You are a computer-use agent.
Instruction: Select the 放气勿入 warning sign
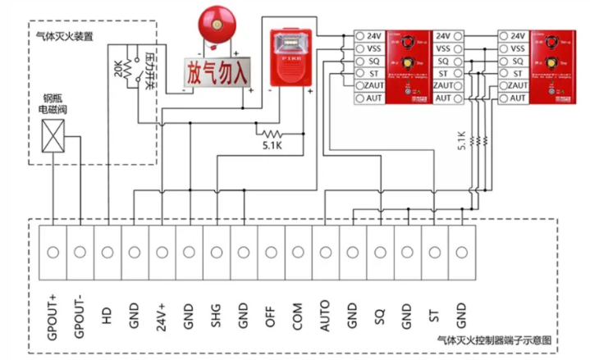(217, 73)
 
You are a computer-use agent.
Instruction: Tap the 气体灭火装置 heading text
(64, 37)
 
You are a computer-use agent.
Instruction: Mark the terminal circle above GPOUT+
(53, 250)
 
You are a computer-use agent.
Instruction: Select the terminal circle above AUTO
(325, 250)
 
